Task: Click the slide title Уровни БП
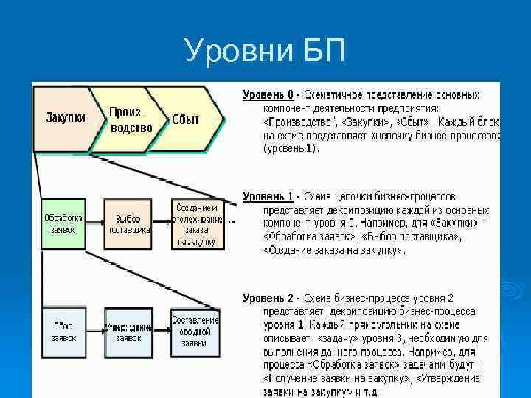(265, 52)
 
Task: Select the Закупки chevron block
(65, 118)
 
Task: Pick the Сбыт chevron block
(185, 119)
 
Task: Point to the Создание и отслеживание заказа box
(196, 224)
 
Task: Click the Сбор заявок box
(63, 332)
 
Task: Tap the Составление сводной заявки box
(195, 332)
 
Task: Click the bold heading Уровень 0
(268, 95)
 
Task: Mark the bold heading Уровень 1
(268, 197)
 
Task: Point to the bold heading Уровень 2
(268, 298)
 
